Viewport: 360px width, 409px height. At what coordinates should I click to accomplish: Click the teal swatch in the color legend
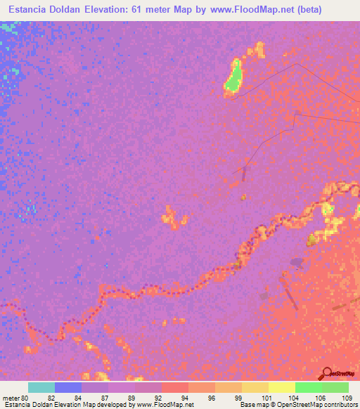click(x=41, y=387)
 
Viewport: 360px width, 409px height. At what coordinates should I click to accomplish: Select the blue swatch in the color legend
click(x=68, y=387)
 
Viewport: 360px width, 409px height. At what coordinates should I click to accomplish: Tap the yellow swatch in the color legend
click(x=282, y=387)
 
